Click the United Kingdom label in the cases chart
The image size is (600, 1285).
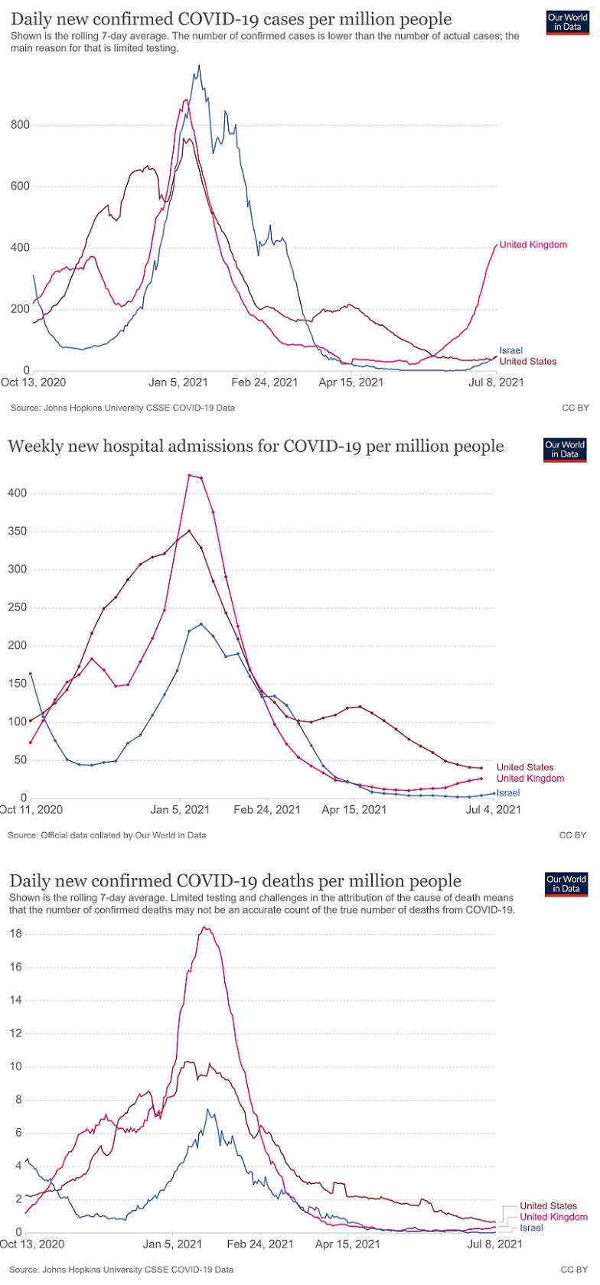click(x=533, y=245)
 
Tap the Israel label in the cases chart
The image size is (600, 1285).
click(x=510, y=350)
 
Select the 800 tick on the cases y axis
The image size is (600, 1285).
click(x=20, y=125)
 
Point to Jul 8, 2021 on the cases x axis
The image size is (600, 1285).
click(x=496, y=382)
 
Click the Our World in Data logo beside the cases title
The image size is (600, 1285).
click(x=567, y=22)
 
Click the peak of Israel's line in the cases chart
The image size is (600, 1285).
click(x=199, y=67)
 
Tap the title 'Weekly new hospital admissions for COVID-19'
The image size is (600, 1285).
click(x=256, y=446)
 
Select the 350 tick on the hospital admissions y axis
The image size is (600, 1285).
click(x=18, y=532)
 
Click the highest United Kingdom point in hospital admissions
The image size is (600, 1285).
click(x=189, y=475)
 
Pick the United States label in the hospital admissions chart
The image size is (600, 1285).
click(x=524, y=767)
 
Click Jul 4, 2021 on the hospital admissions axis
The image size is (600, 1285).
click(x=493, y=809)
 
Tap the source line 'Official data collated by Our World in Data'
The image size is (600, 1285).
click(x=107, y=835)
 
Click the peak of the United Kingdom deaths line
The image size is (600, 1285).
click(x=204, y=928)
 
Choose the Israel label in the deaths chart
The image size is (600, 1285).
click(x=531, y=1228)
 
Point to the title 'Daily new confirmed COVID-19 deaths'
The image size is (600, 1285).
click(x=235, y=881)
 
